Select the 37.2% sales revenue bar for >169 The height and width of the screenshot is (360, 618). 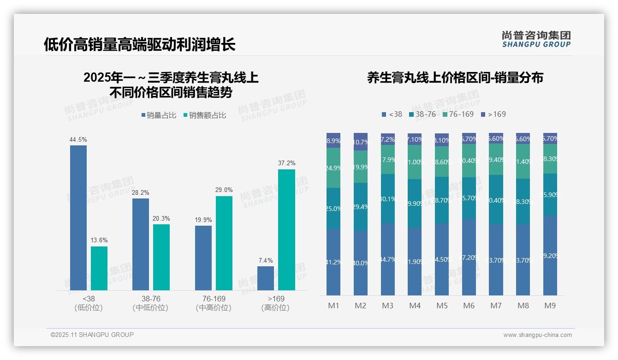(x=286, y=230)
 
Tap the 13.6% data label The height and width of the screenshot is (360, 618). (x=99, y=240)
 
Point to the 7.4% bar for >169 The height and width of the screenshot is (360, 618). (x=266, y=278)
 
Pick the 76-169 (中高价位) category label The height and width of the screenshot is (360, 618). (x=214, y=303)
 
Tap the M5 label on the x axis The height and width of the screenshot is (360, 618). (x=441, y=306)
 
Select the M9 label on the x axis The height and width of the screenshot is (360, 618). (x=550, y=306)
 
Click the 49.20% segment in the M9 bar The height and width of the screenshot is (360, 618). (x=550, y=255)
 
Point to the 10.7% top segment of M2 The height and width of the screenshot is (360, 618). (x=361, y=142)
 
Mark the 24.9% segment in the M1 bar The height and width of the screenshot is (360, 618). (x=333, y=168)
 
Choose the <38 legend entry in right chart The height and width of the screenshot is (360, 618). (x=392, y=114)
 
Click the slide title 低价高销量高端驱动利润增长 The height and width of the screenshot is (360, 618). (x=139, y=44)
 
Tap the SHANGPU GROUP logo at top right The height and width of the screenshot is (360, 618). (x=536, y=39)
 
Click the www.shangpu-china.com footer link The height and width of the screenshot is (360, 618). (x=537, y=335)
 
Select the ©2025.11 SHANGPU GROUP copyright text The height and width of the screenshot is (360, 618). (x=92, y=335)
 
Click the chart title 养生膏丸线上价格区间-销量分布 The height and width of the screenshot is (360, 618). (x=455, y=78)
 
